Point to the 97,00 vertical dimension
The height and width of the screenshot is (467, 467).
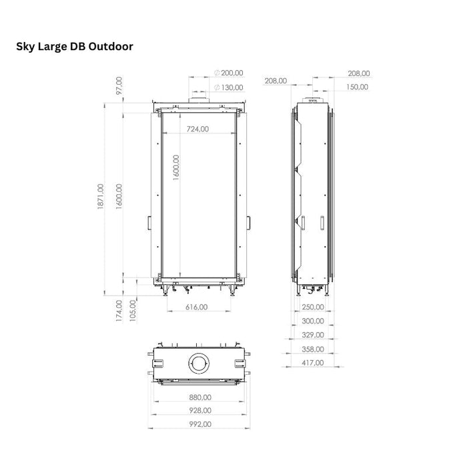click(x=119, y=85)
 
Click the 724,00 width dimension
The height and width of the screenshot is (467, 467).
click(x=197, y=129)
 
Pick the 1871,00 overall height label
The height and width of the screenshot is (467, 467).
click(x=101, y=198)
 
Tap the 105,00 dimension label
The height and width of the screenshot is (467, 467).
click(x=133, y=308)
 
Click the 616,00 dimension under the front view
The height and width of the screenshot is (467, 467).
click(x=196, y=308)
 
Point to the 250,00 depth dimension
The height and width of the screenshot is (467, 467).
click(x=312, y=308)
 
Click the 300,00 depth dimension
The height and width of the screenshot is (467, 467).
click(x=312, y=321)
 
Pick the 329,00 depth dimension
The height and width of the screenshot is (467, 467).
click(x=312, y=335)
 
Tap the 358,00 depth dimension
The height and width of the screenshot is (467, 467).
click(x=312, y=349)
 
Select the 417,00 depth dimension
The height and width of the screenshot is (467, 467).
click(x=312, y=363)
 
